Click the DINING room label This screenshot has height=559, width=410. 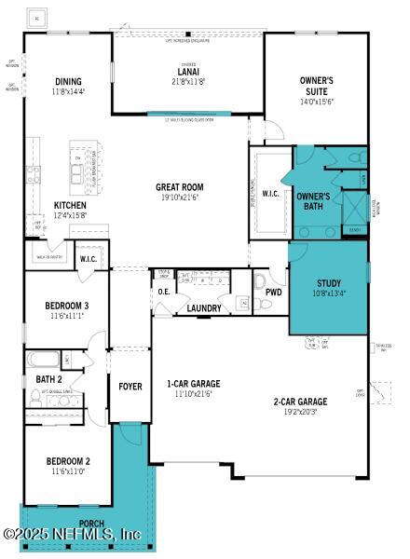pos(67,81)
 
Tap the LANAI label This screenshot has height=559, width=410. pos(187,72)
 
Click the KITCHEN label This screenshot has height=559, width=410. pos(70,205)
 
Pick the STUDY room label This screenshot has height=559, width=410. pos(328,283)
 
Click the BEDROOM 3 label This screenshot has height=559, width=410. pos(67,306)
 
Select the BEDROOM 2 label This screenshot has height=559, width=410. pos(67,461)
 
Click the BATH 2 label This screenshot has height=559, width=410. pos(48,379)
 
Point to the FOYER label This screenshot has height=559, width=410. pos(130,386)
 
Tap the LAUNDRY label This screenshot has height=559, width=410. pos(203,308)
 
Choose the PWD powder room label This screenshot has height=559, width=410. pos(273,293)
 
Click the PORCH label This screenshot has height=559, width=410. pos(91,523)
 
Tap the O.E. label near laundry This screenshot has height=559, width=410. pos(163,293)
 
